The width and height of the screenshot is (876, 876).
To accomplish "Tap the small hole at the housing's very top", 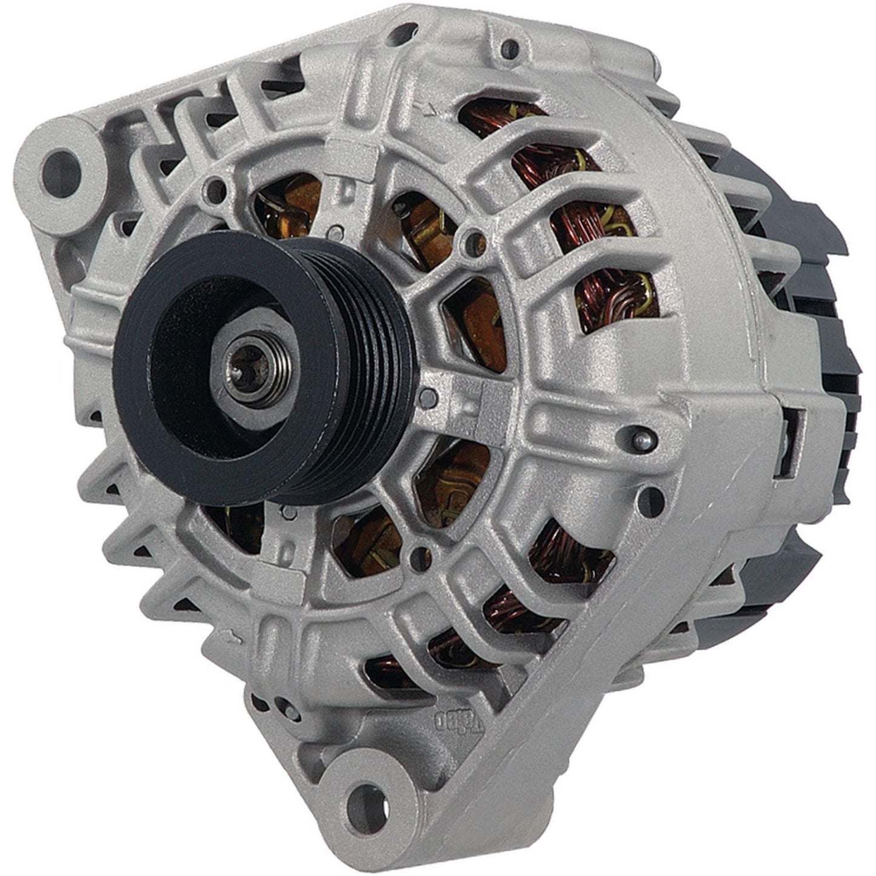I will coord(513,43).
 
